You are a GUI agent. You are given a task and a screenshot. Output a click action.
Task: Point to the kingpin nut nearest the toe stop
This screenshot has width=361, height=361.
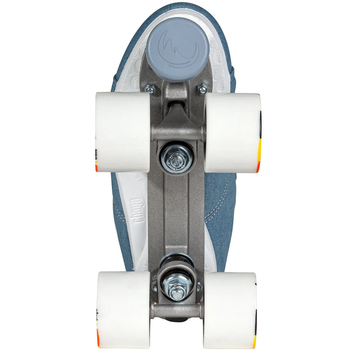(x=178, y=157)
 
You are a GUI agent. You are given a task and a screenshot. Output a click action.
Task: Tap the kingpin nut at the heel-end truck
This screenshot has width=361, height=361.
(x=178, y=287)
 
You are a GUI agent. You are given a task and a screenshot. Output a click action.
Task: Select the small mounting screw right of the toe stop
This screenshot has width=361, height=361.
(x=203, y=89)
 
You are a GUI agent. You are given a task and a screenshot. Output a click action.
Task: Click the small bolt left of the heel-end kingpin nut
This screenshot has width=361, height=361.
(x=154, y=286)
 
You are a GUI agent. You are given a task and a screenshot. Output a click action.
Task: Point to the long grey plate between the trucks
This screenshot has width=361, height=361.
(x=178, y=208)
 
